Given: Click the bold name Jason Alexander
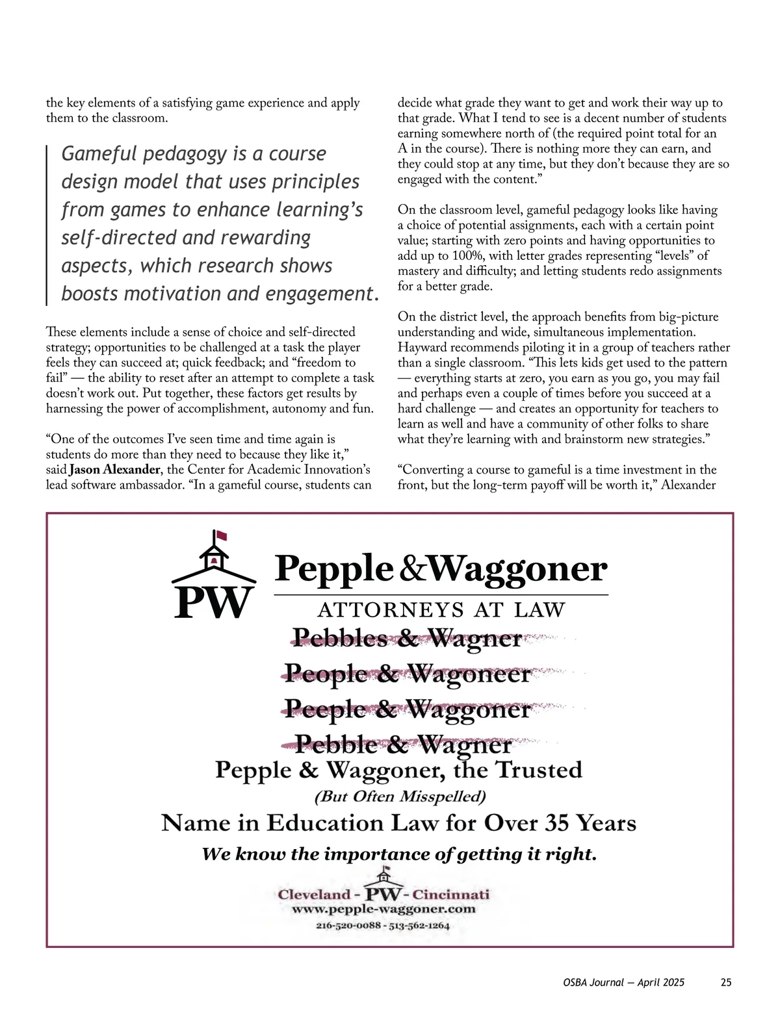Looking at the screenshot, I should coord(114,470).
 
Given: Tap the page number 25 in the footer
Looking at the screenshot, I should coord(726,982).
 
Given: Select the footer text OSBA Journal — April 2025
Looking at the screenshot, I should coord(624,982).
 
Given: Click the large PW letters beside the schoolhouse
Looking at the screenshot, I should coord(213,602).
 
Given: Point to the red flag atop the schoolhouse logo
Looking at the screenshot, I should coord(222,537).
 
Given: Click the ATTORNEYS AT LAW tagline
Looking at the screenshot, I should coord(441,609).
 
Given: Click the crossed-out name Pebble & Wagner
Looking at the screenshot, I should coord(404,743).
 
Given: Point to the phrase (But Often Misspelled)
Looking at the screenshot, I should coord(400,796).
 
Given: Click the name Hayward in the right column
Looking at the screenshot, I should coord(421,348).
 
